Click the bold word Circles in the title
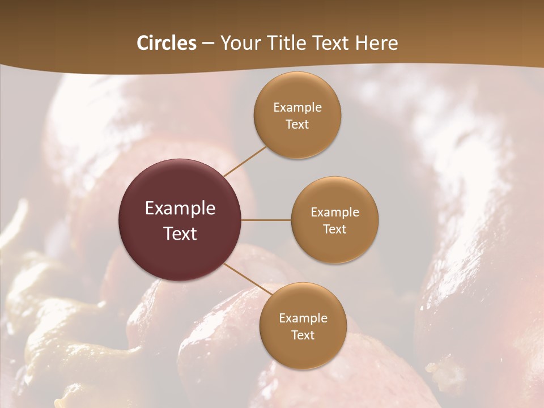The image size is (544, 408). [167, 43]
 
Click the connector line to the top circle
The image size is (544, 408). [245, 160]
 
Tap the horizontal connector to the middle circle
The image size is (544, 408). [266, 220]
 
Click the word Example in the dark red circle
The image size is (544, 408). [180, 209]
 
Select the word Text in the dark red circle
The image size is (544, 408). [180, 233]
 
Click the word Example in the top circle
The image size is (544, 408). [297, 108]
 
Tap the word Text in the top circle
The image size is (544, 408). [297, 124]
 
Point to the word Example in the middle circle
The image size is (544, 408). [335, 212]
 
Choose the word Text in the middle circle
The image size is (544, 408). [335, 229]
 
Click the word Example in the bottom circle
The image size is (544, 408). [303, 318]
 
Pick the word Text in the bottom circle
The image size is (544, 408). [303, 335]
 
